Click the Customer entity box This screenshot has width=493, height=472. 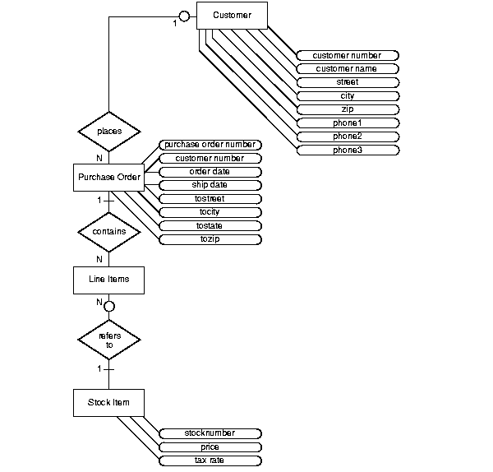(x=232, y=16)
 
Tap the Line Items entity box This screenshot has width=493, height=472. (x=108, y=280)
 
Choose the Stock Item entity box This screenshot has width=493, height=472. (x=108, y=402)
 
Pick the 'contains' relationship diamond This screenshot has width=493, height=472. (x=108, y=232)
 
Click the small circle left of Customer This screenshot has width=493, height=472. (x=186, y=16)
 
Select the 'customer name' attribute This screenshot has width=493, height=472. (x=347, y=69)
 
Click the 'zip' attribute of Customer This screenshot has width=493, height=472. (x=347, y=109)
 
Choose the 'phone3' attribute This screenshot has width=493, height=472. (x=347, y=150)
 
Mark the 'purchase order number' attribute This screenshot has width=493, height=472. (x=209, y=145)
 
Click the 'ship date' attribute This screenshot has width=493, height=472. (x=209, y=185)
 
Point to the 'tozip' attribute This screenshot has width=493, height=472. (x=209, y=239)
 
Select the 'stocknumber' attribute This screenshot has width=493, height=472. (x=209, y=433)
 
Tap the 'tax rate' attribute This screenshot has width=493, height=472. (x=209, y=460)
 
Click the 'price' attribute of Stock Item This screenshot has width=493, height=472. (x=209, y=447)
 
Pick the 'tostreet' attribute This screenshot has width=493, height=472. (x=209, y=199)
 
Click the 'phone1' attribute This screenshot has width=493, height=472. (x=347, y=123)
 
